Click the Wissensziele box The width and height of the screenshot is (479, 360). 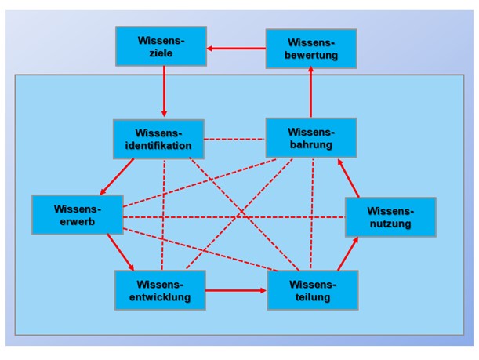161,46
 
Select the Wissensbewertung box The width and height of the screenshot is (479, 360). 311,49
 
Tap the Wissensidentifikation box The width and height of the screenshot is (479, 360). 158,139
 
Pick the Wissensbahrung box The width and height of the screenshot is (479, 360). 311,137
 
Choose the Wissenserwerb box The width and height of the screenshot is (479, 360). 78,214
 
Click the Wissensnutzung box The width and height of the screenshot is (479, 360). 390,216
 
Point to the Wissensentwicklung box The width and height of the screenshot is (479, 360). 160,289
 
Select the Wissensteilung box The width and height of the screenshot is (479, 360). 313,289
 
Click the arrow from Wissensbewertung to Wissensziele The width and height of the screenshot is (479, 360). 236,49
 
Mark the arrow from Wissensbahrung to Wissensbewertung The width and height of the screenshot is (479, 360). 311,93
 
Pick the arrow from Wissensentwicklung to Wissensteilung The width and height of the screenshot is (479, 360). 236,290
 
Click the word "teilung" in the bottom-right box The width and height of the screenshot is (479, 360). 313,296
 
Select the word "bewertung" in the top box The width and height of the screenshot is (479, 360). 311,56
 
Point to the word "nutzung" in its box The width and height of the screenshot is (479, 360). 390,224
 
